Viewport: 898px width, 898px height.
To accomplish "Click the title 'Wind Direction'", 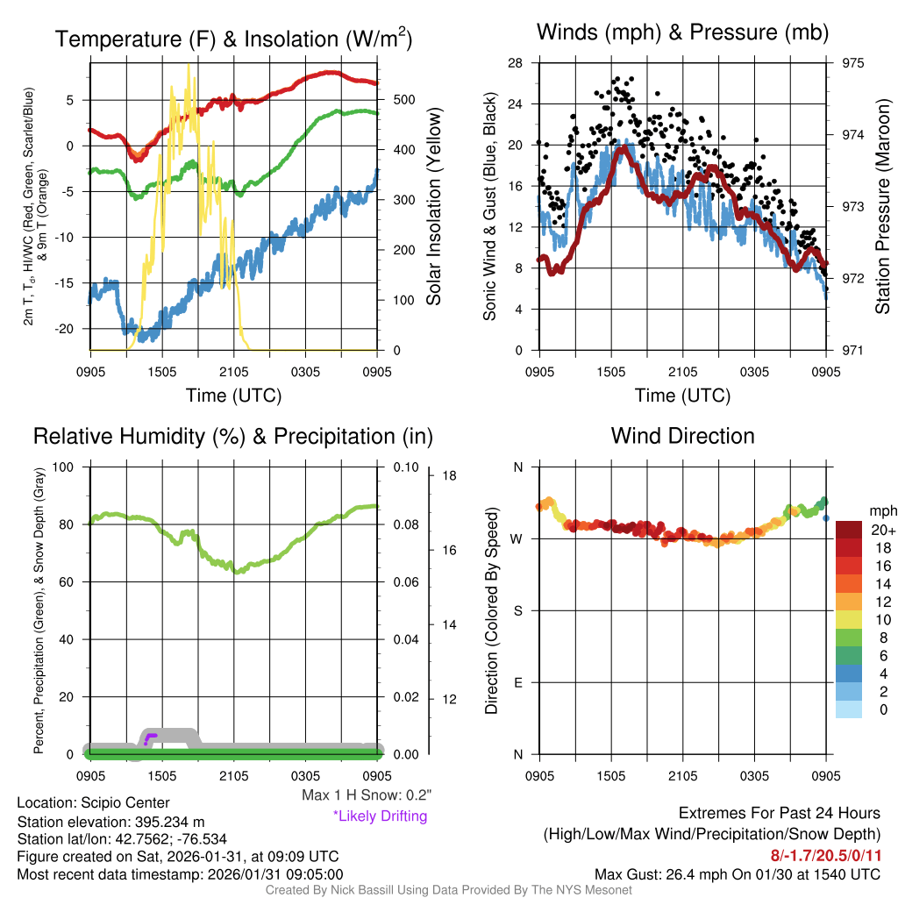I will [682, 436].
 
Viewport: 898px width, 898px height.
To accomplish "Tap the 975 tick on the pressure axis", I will [853, 63].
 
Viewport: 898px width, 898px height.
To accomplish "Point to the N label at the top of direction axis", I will [517, 467].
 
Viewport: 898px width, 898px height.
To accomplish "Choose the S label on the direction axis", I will [517, 610].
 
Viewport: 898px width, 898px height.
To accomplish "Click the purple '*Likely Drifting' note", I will [380, 816].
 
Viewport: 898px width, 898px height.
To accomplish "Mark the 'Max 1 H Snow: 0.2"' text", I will [367, 795].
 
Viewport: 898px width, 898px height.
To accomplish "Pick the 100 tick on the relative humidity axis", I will [68, 467].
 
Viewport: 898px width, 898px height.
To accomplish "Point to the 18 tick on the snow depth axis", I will [451, 476].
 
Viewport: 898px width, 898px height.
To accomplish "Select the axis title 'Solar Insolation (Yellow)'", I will [434, 207].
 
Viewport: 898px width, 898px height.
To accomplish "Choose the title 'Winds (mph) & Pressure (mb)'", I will [682, 32].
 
